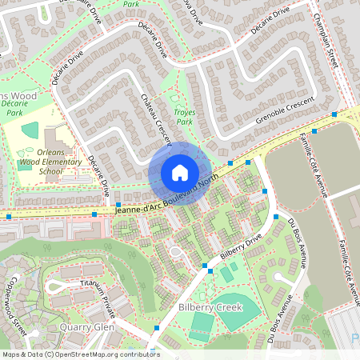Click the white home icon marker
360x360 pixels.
(x=180, y=173)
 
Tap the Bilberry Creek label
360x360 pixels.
(x=210, y=307)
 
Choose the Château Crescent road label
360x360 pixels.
(x=156, y=120)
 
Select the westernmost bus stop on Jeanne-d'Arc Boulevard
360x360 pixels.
(x=9, y=216)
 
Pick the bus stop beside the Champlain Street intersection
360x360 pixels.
(x=314, y=130)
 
